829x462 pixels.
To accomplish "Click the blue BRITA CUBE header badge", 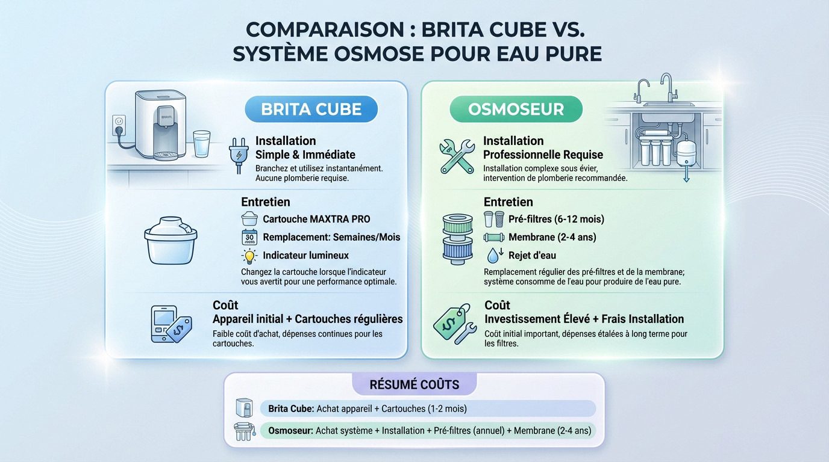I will [x=311, y=109].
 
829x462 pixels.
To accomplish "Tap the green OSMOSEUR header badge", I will [x=516, y=109].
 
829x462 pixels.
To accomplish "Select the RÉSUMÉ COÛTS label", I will [x=414, y=384].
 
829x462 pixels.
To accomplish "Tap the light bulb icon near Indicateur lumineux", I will [x=249, y=256].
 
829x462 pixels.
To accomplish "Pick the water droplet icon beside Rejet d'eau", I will [x=492, y=255].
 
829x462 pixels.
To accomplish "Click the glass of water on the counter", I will [x=202, y=144].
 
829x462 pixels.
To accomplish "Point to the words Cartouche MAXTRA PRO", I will [x=316, y=219].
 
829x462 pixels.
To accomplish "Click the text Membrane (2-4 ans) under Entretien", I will [x=552, y=237].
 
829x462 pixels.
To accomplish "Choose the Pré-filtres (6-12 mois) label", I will [x=556, y=219].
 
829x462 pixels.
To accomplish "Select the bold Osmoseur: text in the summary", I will [x=290, y=431].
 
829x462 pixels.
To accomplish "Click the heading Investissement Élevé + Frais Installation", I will [x=584, y=319].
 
